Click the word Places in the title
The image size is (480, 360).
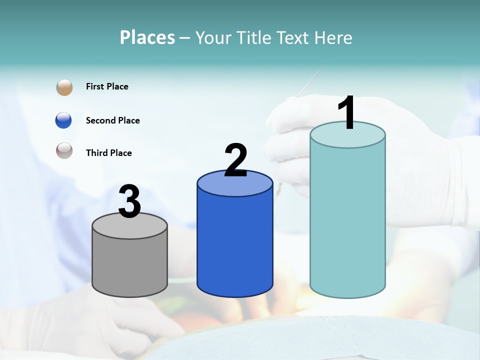(x=147, y=37)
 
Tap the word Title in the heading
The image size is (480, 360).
(x=250, y=37)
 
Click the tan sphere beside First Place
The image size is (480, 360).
(x=64, y=87)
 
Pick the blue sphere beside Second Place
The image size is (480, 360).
(x=63, y=120)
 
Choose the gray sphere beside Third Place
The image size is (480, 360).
(x=64, y=150)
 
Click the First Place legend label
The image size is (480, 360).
(x=107, y=86)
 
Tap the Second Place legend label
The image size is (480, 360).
(x=112, y=120)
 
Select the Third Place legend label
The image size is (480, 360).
(x=109, y=153)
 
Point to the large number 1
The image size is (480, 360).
(x=347, y=113)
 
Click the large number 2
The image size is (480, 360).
(x=235, y=160)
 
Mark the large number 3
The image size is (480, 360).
(x=130, y=201)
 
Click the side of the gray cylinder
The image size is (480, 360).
(x=130, y=265)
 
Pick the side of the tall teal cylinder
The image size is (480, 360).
(x=347, y=220)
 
